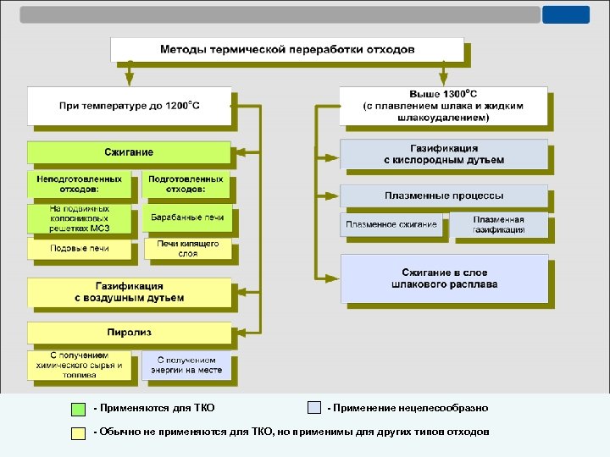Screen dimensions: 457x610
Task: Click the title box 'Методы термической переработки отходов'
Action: click(x=287, y=50)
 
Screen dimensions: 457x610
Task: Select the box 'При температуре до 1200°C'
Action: click(x=129, y=106)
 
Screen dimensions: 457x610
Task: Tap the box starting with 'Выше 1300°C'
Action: click(x=443, y=106)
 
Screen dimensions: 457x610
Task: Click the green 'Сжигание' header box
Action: click(x=129, y=152)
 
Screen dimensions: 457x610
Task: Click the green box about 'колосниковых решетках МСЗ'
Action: click(x=79, y=218)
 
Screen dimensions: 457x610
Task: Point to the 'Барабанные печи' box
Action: click(x=186, y=218)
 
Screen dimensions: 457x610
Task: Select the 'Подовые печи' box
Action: click(x=79, y=249)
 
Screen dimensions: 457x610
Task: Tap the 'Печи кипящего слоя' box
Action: click(x=186, y=248)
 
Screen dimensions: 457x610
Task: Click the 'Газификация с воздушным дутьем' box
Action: click(x=129, y=292)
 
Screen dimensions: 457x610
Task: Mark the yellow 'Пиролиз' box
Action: click(x=129, y=331)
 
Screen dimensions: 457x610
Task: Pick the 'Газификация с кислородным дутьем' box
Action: click(x=443, y=154)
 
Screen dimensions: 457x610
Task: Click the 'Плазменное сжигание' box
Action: click(x=391, y=224)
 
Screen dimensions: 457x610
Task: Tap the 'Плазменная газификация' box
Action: click(x=498, y=224)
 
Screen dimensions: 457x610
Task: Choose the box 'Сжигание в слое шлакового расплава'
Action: click(x=443, y=278)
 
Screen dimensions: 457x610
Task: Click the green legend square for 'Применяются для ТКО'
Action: click(x=78, y=408)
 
